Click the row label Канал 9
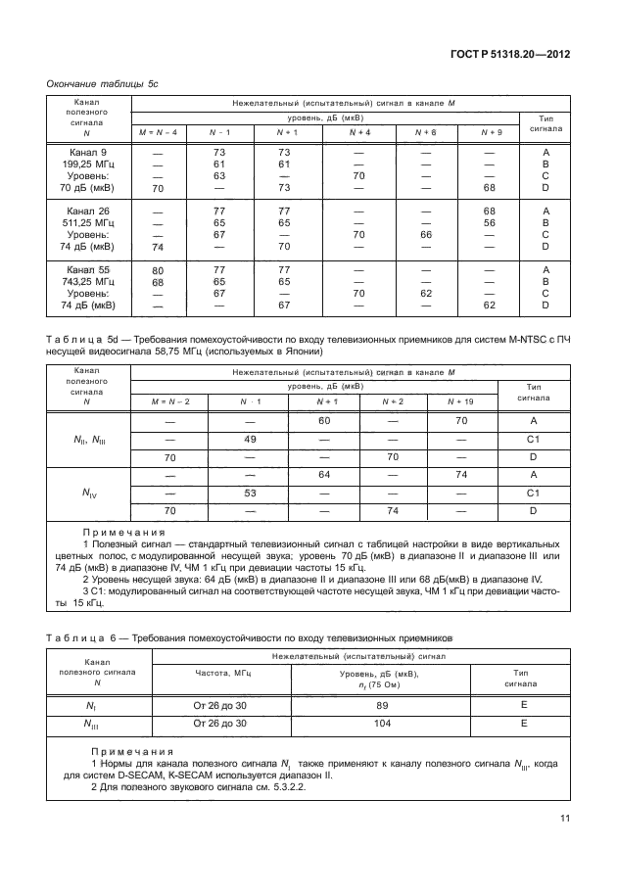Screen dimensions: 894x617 (x=87, y=153)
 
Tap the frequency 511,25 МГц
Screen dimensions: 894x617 (x=87, y=222)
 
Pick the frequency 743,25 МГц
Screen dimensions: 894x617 (x=87, y=280)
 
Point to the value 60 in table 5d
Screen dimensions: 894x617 (x=324, y=420)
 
